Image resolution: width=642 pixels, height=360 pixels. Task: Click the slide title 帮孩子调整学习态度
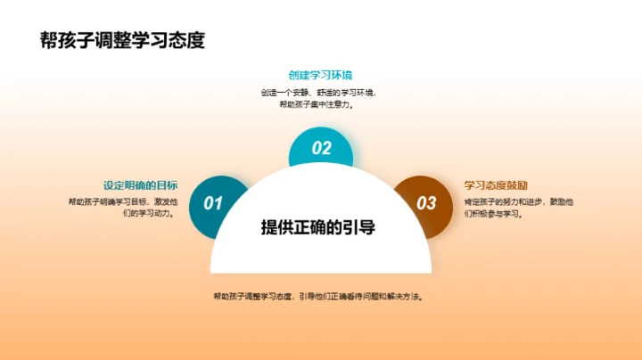(123, 41)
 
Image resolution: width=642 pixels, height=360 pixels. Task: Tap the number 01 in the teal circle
(212, 203)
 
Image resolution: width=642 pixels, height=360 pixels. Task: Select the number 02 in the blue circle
(321, 149)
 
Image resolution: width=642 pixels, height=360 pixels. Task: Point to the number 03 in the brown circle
(427, 203)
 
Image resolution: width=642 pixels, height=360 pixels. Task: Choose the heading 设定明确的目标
(140, 185)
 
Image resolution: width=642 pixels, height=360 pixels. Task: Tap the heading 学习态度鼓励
(490, 185)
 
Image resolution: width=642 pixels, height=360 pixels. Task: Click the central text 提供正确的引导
(318, 227)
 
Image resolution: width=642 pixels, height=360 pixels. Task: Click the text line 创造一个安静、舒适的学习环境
(318, 93)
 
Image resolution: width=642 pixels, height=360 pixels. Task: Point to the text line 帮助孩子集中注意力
(318, 104)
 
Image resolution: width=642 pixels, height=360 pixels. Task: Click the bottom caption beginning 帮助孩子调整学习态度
(318, 297)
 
